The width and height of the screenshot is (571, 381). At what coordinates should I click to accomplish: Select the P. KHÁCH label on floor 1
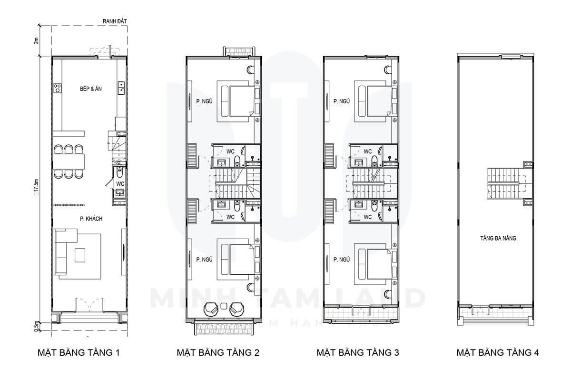92,219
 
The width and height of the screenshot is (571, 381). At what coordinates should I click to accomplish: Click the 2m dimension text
36,40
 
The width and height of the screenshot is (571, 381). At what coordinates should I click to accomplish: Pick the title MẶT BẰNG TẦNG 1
78,353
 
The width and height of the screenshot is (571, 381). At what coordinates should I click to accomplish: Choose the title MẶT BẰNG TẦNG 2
218,353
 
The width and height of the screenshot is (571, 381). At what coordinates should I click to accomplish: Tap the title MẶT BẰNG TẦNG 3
358,353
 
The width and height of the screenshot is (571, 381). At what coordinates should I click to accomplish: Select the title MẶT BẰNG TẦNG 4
498,353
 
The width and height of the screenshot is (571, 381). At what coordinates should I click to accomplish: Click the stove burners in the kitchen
58,88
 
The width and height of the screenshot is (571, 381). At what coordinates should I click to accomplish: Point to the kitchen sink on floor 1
122,87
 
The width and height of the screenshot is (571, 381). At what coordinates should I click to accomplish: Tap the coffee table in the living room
79,256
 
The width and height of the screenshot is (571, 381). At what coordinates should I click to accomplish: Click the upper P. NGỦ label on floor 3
342,101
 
